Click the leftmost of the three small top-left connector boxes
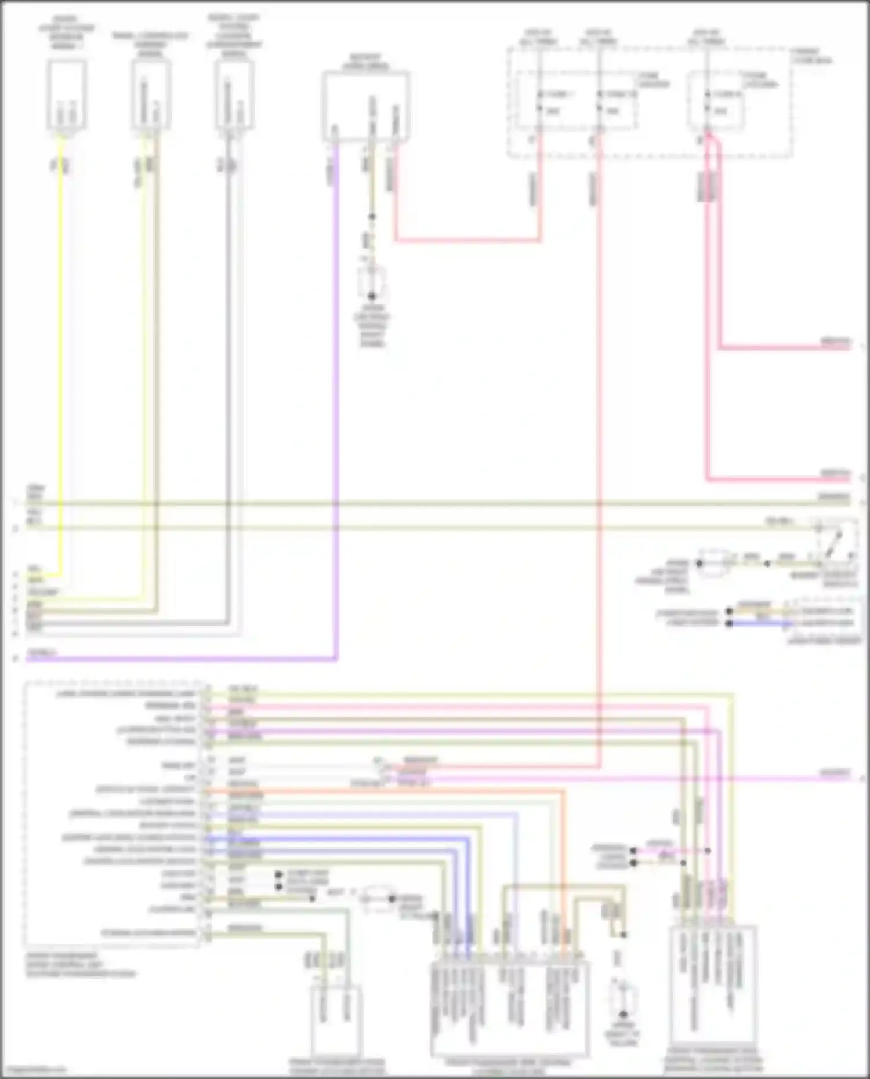tap(67, 96)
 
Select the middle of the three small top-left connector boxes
tap(151, 96)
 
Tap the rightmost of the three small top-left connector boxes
tap(234, 96)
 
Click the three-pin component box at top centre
tap(366, 106)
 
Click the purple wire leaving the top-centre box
tap(336, 406)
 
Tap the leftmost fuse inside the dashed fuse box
tap(539, 101)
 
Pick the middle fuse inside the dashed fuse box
tap(599, 101)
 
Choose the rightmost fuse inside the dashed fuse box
tap(707, 101)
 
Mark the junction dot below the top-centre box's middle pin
tap(372, 217)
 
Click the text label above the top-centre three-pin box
tap(366, 62)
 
